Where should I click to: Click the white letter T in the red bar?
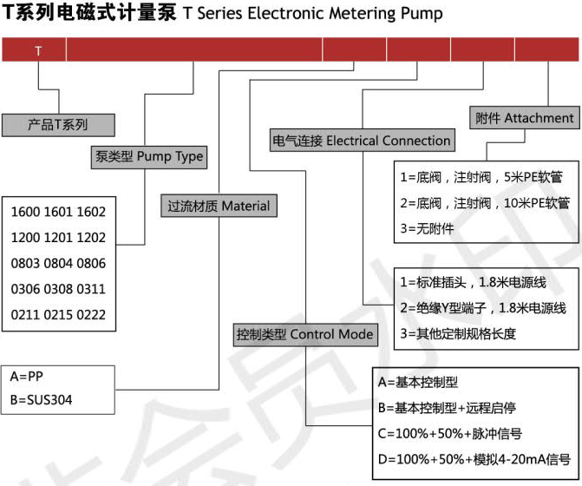[38, 50]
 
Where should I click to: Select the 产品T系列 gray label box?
[58, 125]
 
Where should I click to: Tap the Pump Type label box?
[149, 157]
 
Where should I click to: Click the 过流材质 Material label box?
[219, 206]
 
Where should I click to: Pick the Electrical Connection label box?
[363, 141]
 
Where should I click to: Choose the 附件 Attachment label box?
[525, 118]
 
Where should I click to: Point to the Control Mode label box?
[305, 334]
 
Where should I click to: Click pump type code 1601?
[58, 212]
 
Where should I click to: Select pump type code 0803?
[26, 264]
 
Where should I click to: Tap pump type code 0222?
[91, 315]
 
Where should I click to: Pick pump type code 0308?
[58, 289]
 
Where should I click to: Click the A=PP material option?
[26, 377]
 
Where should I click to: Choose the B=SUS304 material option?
[42, 400]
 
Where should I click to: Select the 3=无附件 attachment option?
[427, 228]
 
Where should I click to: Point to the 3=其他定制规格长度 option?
[458, 333]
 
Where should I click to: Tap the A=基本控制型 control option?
[418, 382]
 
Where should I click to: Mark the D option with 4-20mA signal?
[474, 459]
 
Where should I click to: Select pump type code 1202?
[91, 238]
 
